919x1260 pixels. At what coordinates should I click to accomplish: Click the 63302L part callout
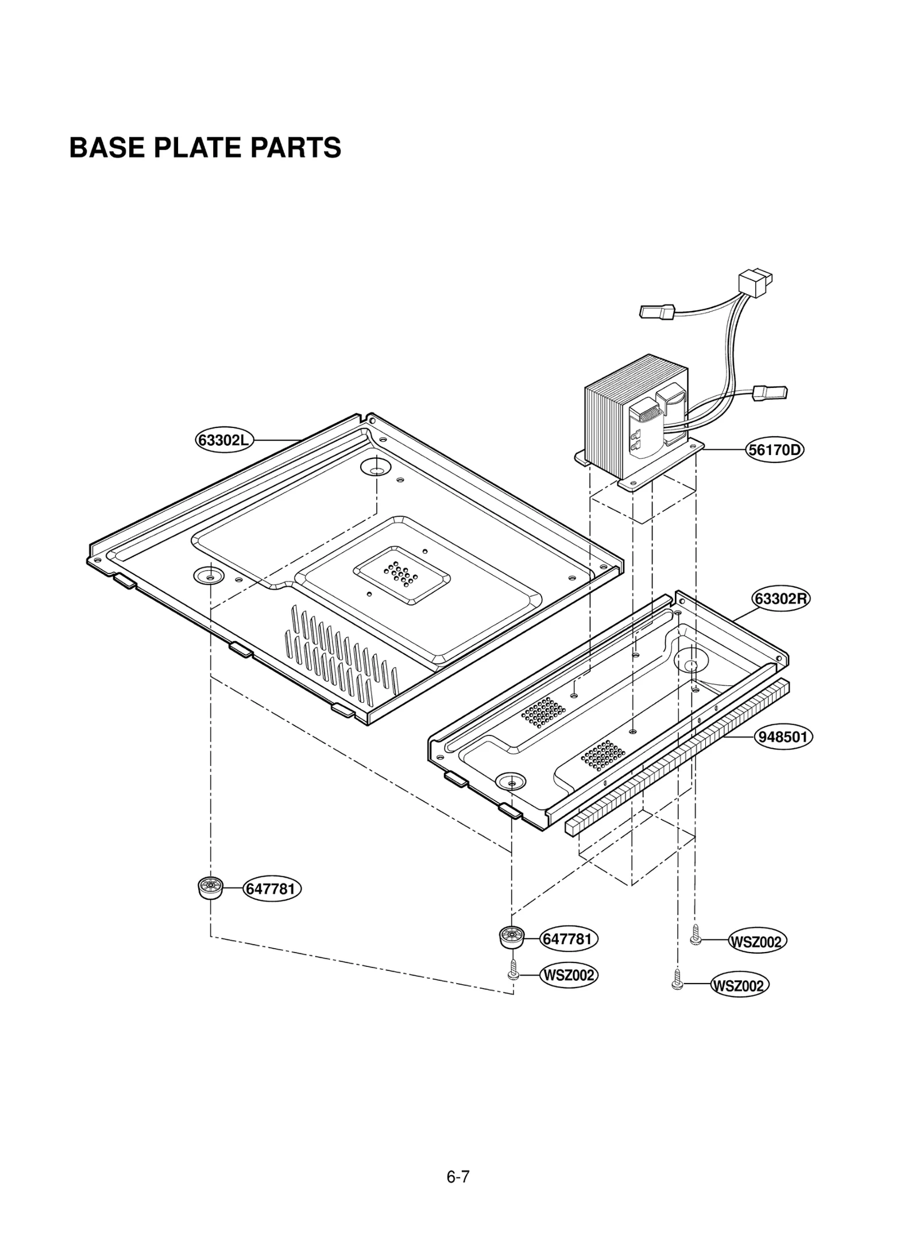[223, 441]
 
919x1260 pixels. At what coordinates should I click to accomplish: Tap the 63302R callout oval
[780, 599]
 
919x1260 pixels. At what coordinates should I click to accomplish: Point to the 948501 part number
[783, 737]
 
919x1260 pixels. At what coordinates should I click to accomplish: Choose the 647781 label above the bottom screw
[567, 939]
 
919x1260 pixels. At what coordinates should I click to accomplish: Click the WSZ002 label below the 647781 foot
[568, 975]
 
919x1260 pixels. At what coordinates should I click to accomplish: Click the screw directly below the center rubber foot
[513, 972]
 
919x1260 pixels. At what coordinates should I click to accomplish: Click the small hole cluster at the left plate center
[400, 575]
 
